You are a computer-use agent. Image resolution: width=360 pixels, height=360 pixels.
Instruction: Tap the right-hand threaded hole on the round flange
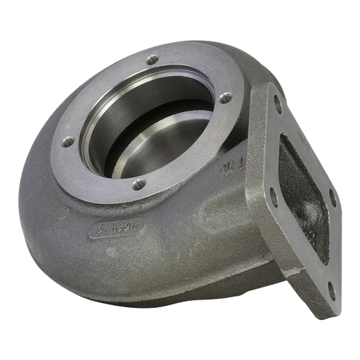(225, 98)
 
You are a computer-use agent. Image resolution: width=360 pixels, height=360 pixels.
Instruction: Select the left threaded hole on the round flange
(68, 141)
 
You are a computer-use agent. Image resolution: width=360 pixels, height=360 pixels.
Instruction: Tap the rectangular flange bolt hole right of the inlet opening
(333, 198)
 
